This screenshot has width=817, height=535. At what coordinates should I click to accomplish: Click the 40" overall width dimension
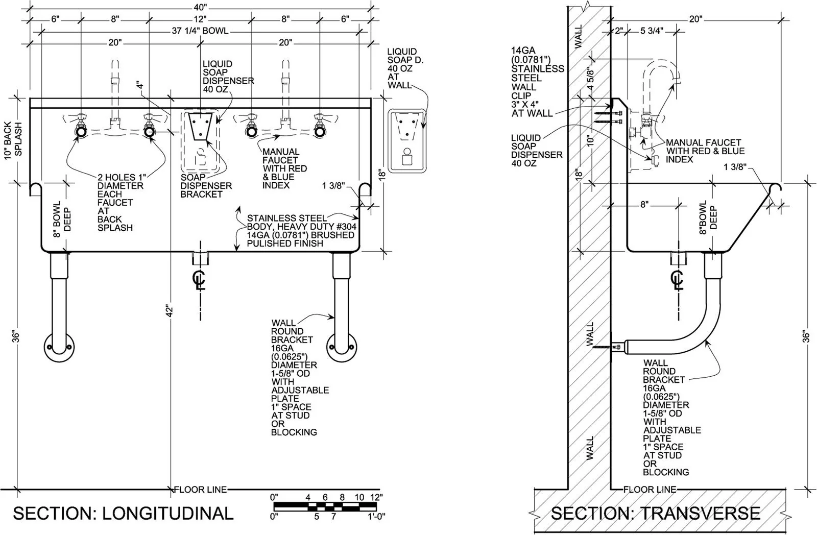[x=200, y=7]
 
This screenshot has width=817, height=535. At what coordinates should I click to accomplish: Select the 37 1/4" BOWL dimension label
[x=200, y=31]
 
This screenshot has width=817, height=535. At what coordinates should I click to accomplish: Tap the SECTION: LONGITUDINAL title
[x=123, y=514]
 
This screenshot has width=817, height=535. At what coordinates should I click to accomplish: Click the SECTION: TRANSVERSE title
[x=656, y=514]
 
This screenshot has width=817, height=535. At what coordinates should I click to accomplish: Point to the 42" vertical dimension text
[x=169, y=311]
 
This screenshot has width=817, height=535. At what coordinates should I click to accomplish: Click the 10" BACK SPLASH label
[x=13, y=139]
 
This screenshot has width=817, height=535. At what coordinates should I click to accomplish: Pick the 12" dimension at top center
[x=200, y=19]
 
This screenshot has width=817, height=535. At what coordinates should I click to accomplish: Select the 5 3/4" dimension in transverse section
[x=652, y=31]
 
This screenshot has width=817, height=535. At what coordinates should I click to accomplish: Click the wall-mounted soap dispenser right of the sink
[x=407, y=140]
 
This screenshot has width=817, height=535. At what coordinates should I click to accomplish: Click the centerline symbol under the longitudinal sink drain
[x=199, y=280]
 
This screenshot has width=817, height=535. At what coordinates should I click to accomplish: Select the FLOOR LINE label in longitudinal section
[x=201, y=490]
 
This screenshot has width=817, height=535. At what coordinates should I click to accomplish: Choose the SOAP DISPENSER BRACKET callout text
[x=206, y=186]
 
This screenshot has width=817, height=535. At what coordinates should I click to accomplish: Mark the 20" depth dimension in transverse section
[x=696, y=19]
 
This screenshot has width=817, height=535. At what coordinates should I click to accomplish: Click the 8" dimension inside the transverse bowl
[x=645, y=205]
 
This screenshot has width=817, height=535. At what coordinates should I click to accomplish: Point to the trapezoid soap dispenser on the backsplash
[x=200, y=126]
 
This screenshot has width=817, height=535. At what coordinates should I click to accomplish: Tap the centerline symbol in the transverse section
[x=677, y=280]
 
